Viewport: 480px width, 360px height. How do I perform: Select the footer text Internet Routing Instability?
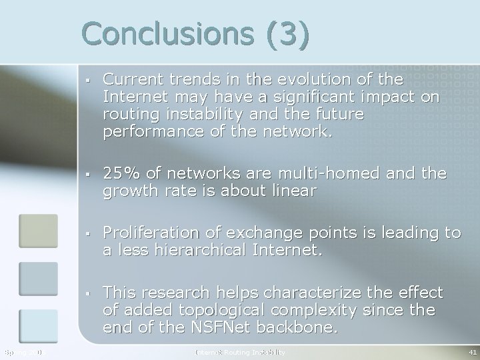tap(239, 351)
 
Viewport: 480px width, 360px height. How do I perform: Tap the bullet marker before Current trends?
tap(87, 81)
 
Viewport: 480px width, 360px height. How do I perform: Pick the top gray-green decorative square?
tap(39, 231)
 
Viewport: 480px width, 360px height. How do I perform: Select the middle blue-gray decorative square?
tap(39, 279)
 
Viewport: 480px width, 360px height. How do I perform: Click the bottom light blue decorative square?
tap(39, 327)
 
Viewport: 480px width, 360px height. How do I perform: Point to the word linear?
tap(294, 192)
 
